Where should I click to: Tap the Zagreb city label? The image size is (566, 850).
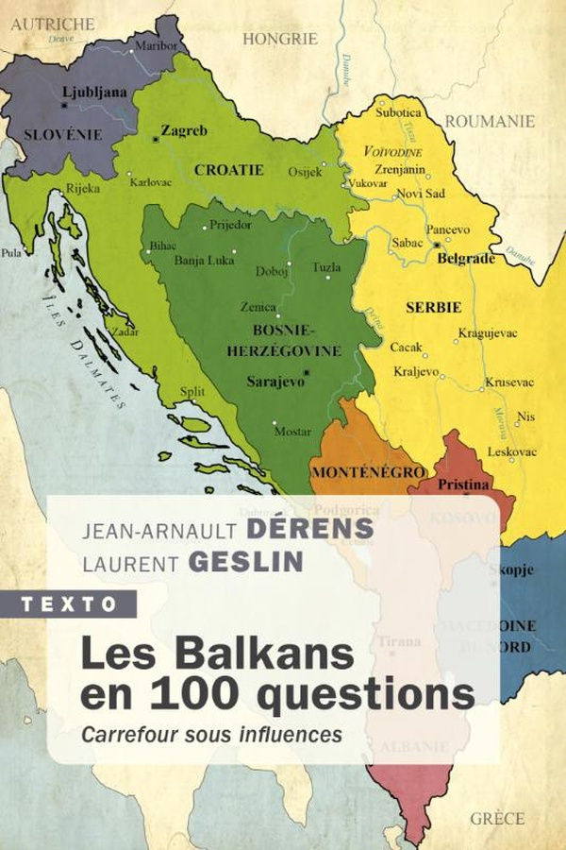click(183, 130)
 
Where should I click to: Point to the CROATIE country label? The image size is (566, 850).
click(228, 170)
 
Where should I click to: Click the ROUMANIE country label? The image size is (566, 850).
click(490, 121)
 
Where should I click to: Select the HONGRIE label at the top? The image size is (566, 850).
click(280, 39)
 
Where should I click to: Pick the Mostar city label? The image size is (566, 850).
click(291, 432)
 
